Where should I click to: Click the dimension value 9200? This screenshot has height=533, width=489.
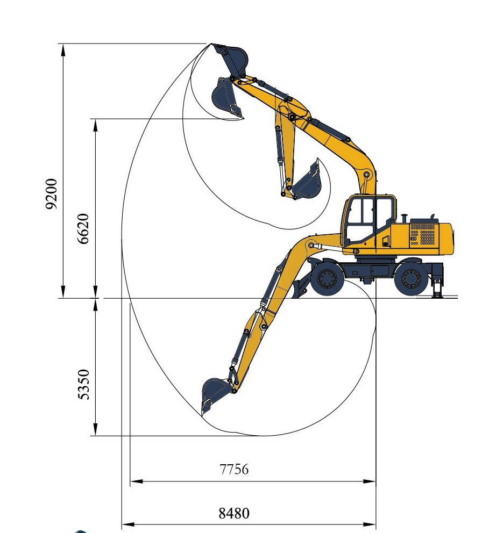[52, 194]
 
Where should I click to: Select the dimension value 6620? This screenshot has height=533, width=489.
[83, 228]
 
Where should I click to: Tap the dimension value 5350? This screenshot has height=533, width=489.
[83, 385]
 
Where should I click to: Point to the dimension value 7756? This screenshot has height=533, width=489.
[234, 469]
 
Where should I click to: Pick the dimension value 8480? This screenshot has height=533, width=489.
[234, 513]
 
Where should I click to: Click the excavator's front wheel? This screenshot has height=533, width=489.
[327, 278]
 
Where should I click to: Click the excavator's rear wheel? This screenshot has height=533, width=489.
[411, 278]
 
